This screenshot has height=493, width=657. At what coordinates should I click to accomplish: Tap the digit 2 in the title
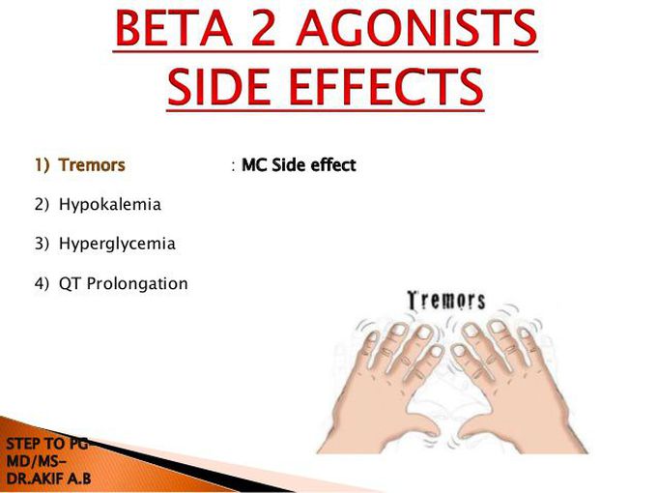click(x=263, y=28)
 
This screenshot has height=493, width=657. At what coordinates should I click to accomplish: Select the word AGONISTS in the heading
click(x=416, y=28)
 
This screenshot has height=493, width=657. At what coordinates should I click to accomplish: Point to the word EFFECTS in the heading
click(x=386, y=87)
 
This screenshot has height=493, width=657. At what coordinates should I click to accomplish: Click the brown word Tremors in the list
click(x=92, y=164)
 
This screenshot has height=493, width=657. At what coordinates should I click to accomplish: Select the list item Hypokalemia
click(x=110, y=205)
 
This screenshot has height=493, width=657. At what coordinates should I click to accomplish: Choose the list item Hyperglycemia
click(x=117, y=244)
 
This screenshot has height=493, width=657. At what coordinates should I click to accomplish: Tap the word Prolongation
click(x=137, y=284)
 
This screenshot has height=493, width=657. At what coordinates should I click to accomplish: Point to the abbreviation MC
click(x=254, y=164)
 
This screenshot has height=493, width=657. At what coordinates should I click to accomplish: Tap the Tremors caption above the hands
click(x=446, y=301)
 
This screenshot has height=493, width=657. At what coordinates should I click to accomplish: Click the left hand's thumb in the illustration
click(x=420, y=426)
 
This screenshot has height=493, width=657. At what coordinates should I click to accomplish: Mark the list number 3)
click(x=42, y=244)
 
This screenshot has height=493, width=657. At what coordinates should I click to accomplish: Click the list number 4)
click(x=42, y=284)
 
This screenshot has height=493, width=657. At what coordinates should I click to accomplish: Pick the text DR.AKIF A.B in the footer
click(x=48, y=478)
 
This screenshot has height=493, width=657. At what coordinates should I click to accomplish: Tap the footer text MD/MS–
click(x=36, y=461)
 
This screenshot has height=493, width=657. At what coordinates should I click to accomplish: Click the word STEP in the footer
click(x=23, y=444)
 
